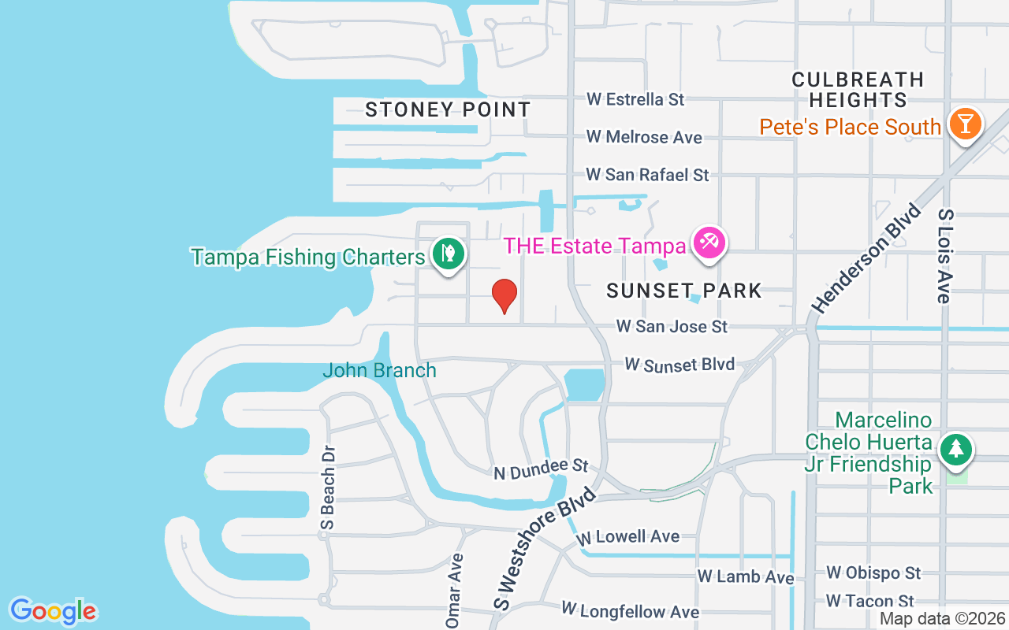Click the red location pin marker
pyautogui.click(x=504, y=296)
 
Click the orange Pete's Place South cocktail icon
pyautogui.click(x=965, y=124)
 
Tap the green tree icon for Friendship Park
pyautogui.click(x=956, y=449)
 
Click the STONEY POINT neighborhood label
pyautogui.click(x=448, y=109)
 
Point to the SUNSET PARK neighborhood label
pyautogui.click(x=684, y=291)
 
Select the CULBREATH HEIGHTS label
pyautogui.click(x=858, y=90)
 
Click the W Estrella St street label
pyautogui.click(x=635, y=100)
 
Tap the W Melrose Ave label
pyautogui.click(x=644, y=137)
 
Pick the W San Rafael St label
pyautogui.click(x=647, y=175)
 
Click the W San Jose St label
pyautogui.click(x=672, y=326)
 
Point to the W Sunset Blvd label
pyautogui.click(x=679, y=365)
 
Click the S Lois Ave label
pyautogui.click(x=944, y=256)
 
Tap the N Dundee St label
pyautogui.click(x=542, y=470)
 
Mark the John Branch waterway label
pyautogui.click(x=379, y=370)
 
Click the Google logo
pyautogui.click(x=53, y=611)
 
